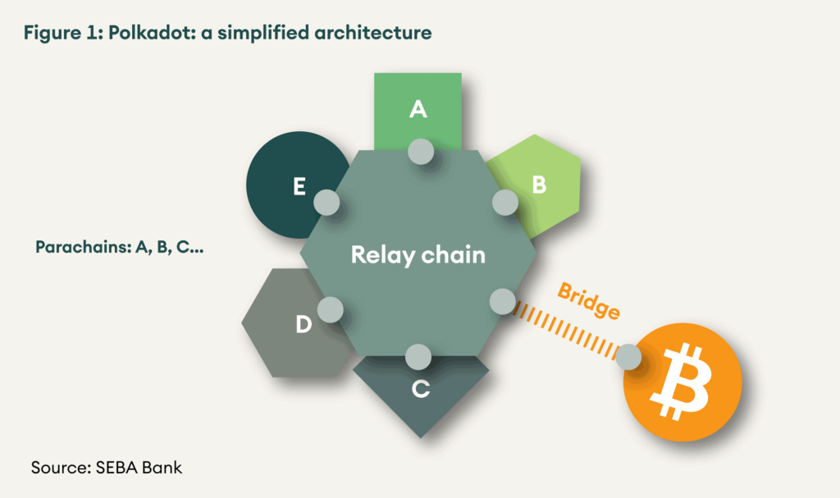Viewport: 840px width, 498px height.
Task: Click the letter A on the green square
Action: pos(418,109)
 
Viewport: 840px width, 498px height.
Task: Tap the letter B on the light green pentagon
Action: pos(539,185)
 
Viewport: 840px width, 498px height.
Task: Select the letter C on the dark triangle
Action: pos(420,390)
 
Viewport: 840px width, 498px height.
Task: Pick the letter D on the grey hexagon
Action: pos(304,326)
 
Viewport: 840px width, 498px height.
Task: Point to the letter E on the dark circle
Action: pos(299,187)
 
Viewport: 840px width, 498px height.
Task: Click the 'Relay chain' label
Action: pos(418,254)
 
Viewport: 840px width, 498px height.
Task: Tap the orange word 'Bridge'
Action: pos(589,300)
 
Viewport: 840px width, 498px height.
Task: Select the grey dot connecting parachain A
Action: pos(421,151)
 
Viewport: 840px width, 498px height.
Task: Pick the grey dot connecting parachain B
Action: pos(504,201)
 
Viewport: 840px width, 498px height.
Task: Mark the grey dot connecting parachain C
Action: pos(418,356)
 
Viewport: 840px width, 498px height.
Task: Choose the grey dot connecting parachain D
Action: pos(330,309)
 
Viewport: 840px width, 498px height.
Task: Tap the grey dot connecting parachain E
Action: pos(326,201)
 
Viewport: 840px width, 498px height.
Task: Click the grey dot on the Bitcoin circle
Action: pos(628,356)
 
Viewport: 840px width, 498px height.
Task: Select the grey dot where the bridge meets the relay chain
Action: pos(502,301)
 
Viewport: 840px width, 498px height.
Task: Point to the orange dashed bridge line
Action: pos(566,330)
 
